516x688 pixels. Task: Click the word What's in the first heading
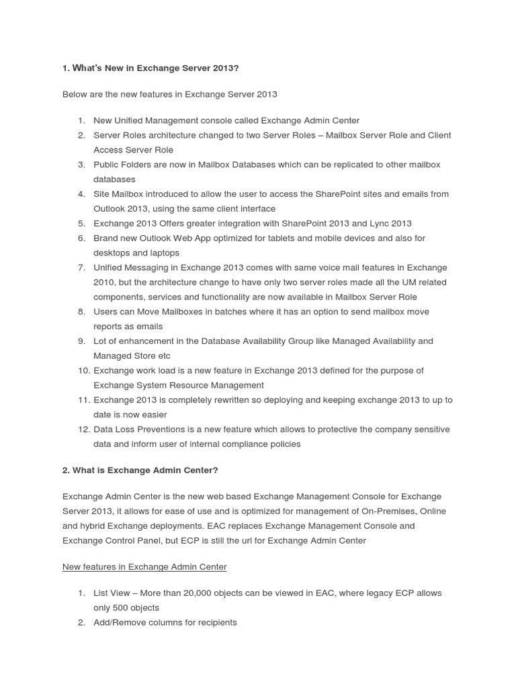tap(87, 69)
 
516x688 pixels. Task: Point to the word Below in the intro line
tap(75, 95)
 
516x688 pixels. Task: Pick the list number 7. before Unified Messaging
tap(81, 268)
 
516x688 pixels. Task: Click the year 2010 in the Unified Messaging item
tap(104, 283)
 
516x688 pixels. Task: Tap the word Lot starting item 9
tap(101, 341)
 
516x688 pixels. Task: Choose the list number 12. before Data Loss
tap(84, 430)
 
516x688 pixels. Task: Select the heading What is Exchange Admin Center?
tap(140, 470)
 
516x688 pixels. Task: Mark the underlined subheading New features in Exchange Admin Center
tap(144, 567)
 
